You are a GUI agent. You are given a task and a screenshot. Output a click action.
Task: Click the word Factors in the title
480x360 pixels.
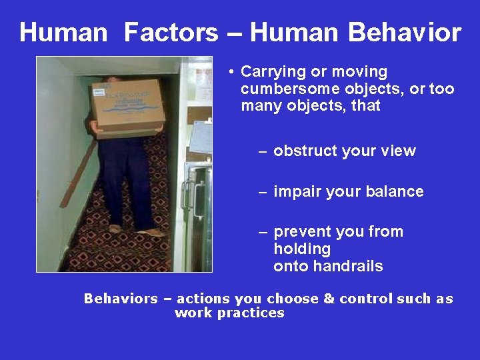point(171,32)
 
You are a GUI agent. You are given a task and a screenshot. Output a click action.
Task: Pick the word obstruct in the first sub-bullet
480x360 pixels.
point(305,151)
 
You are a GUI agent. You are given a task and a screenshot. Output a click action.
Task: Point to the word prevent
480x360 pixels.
point(299,232)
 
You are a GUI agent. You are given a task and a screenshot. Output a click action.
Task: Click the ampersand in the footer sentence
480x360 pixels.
point(329,299)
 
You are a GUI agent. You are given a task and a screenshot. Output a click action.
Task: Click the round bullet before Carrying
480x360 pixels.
point(228,71)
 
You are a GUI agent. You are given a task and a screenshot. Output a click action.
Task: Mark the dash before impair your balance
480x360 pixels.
point(263,192)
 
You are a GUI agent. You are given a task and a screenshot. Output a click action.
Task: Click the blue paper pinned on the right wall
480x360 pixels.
point(201,137)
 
